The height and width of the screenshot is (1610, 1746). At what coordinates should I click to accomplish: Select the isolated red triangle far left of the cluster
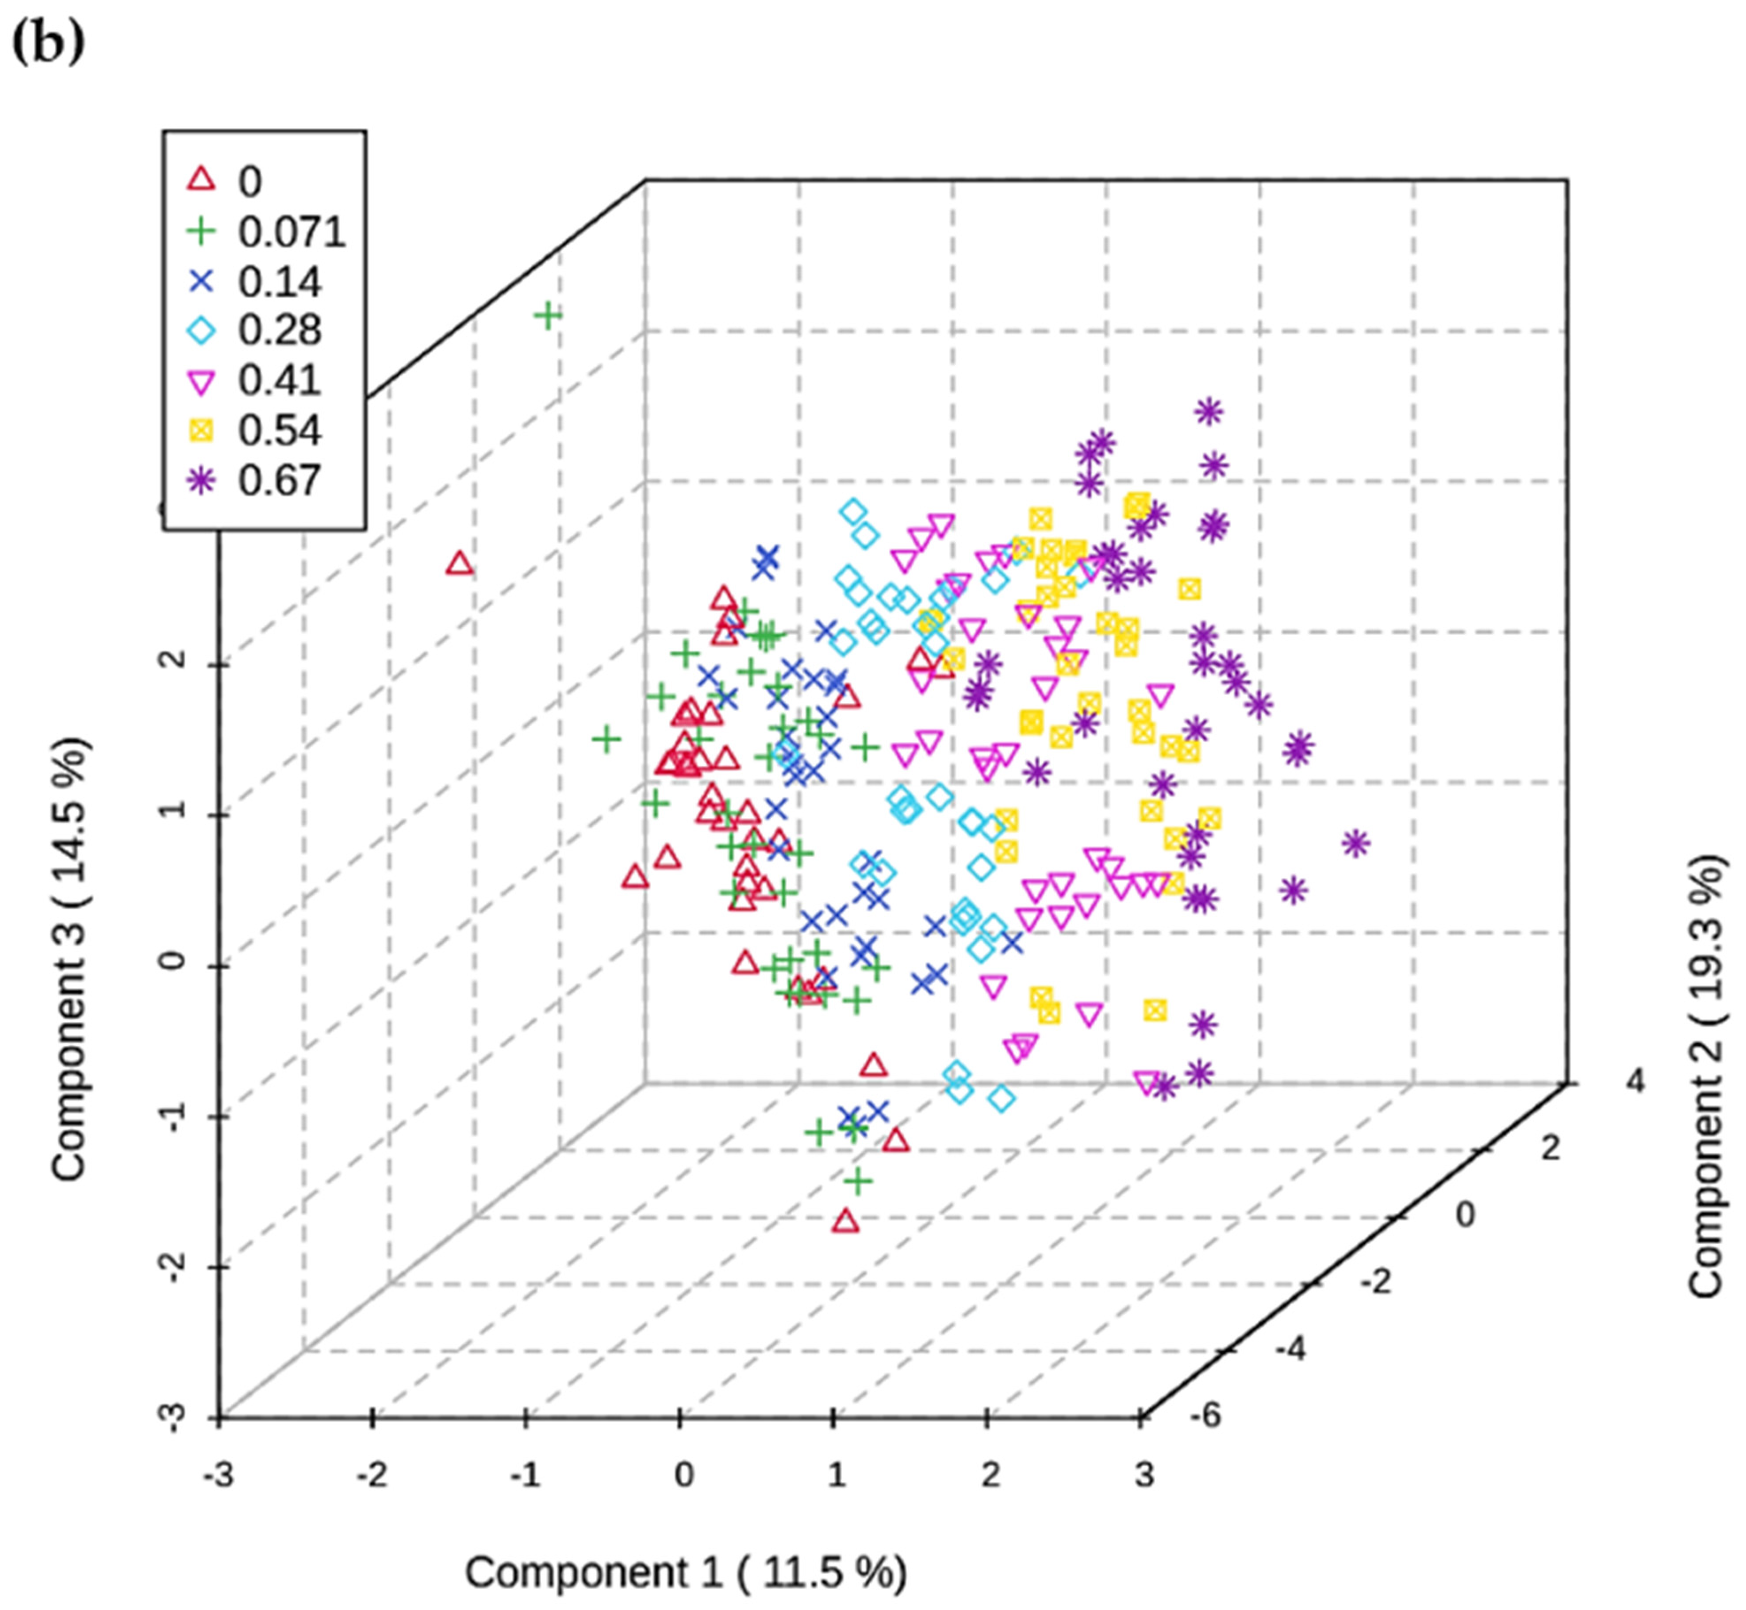pos(460,564)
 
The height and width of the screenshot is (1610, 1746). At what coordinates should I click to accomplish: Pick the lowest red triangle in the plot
pos(845,1222)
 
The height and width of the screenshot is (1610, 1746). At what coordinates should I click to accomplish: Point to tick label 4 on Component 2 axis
pos(1635,1082)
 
